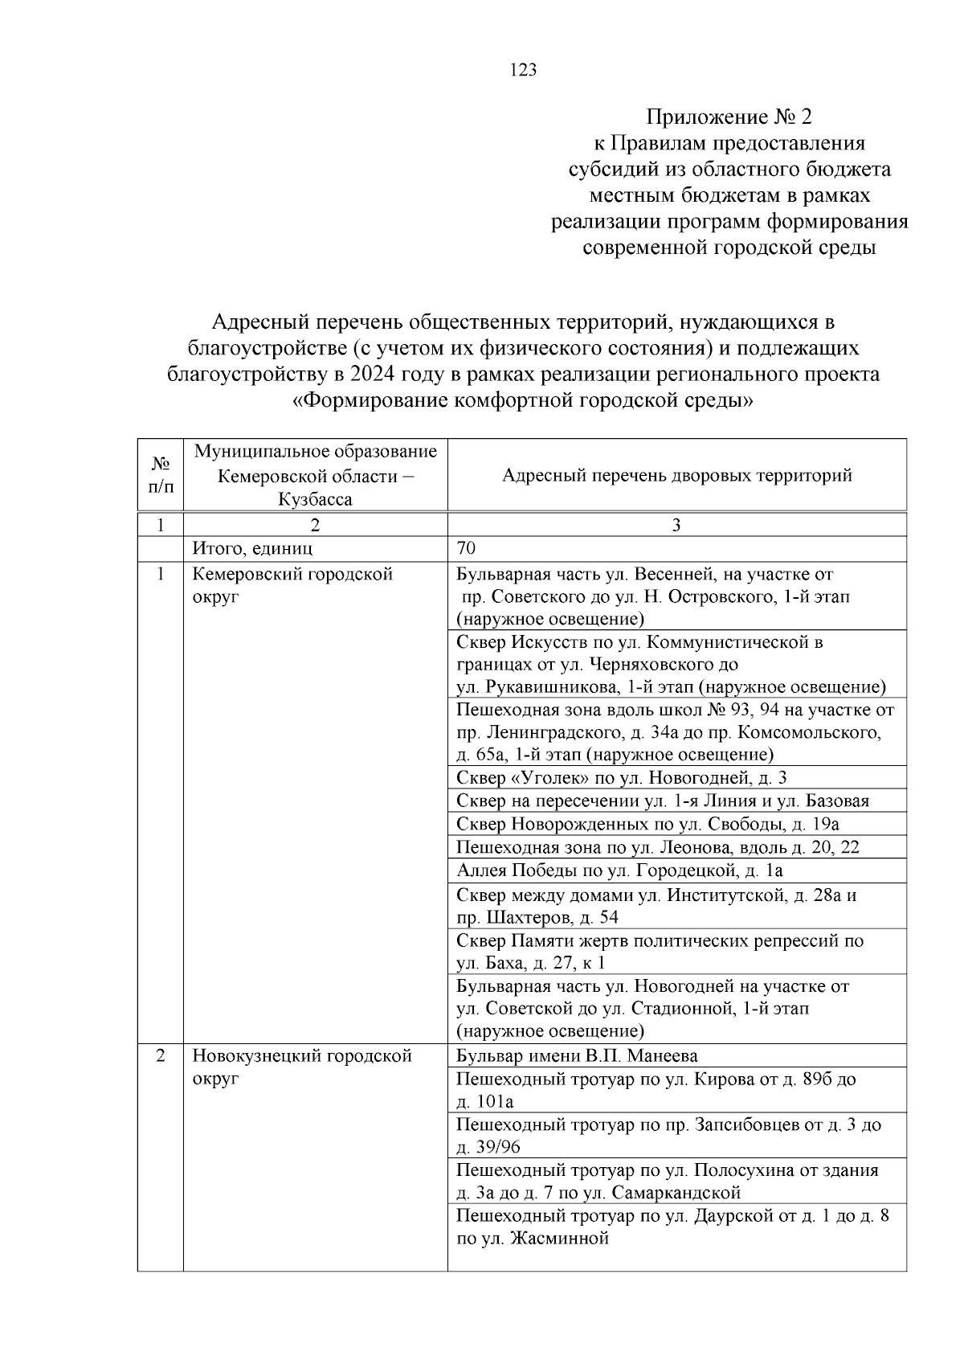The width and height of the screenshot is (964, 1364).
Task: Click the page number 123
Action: tap(522, 70)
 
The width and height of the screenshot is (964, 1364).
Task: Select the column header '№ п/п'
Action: tap(161, 475)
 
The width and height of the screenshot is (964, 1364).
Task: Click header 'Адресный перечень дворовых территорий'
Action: tap(676, 475)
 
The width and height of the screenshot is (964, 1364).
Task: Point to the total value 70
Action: tap(466, 548)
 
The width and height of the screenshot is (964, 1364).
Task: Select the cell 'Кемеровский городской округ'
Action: tap(292, 585)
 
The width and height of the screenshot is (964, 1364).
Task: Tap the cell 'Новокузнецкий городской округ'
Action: tap(302, 1066)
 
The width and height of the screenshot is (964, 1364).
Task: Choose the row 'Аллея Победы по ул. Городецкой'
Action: tap(619, 870)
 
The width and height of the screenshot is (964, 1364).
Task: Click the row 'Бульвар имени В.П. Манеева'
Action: tap(577, 1055)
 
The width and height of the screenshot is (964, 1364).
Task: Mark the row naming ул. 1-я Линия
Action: tap(662, 801)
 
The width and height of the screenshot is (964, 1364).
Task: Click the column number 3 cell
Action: tap(676, 525)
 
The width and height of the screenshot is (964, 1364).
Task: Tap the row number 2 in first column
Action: tap(161, 1055)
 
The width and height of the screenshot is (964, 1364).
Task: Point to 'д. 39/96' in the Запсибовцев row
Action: tap(488, 1147)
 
